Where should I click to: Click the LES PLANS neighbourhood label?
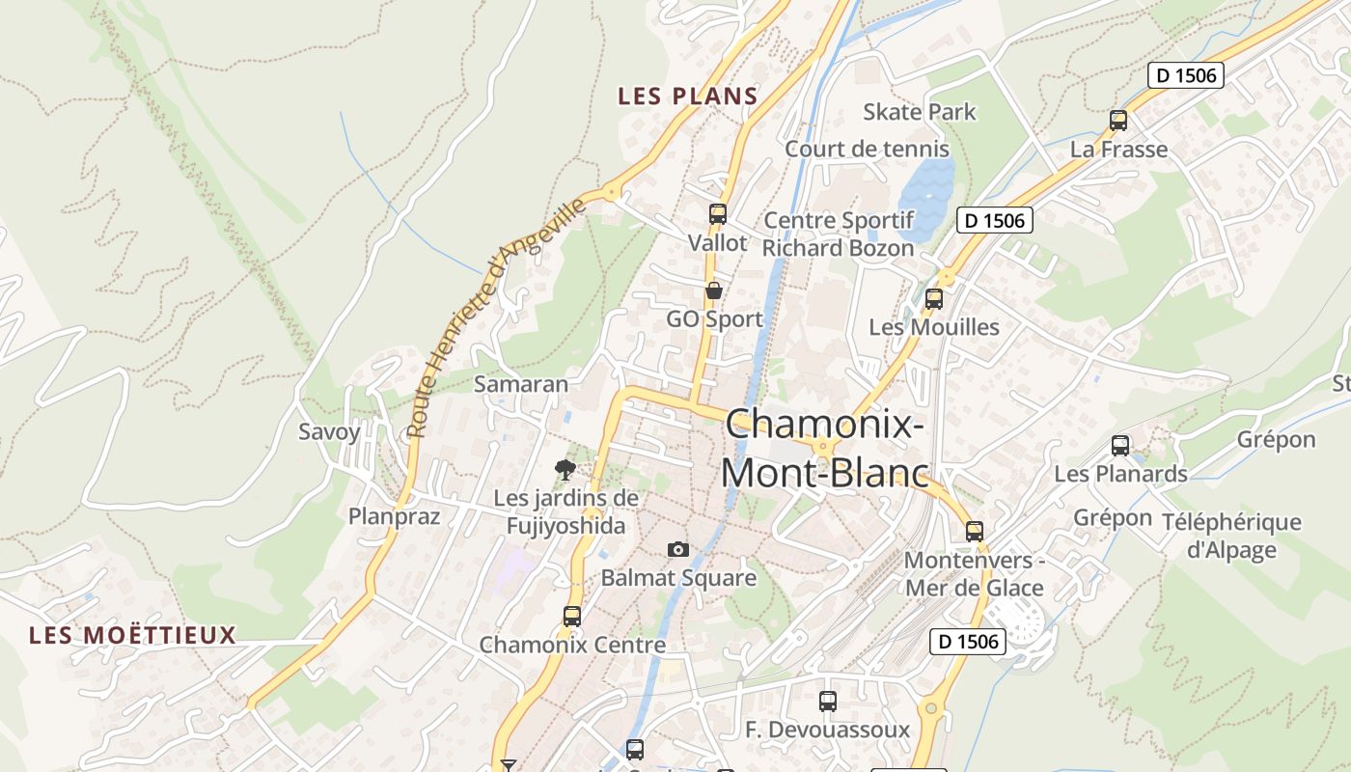[687, 96]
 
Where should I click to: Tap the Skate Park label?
[919, 112]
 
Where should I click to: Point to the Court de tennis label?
[867, 150]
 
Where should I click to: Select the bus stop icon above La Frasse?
[1118, 121]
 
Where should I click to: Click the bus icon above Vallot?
[717, 214]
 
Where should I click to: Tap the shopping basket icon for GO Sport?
[714, 289]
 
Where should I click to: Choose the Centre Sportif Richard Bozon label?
[838, 234]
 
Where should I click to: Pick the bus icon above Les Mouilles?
[933, 299]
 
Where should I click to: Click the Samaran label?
[521, 384]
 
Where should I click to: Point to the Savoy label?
[328, 431]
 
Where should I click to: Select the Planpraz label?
[394, 516]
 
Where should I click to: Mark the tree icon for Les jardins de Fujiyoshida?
[565, 470]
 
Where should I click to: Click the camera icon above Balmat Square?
[678, 549]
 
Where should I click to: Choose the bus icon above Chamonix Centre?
[572, 616]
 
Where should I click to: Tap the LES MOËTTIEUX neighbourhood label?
[132, 635]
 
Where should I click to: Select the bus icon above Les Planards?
[1119, 446]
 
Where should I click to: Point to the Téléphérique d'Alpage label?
[1230, 537]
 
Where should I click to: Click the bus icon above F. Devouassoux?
[827, 702]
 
